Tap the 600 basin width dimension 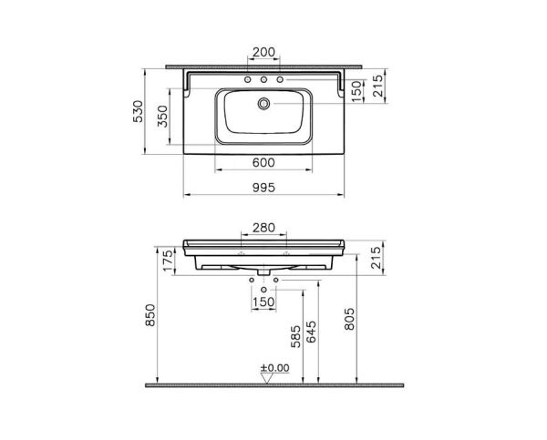click(x=263, y=162)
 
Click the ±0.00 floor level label click(x=274, y=369)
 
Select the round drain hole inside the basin click(x=263, y=104)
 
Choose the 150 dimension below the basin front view click(x=263, y=302)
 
